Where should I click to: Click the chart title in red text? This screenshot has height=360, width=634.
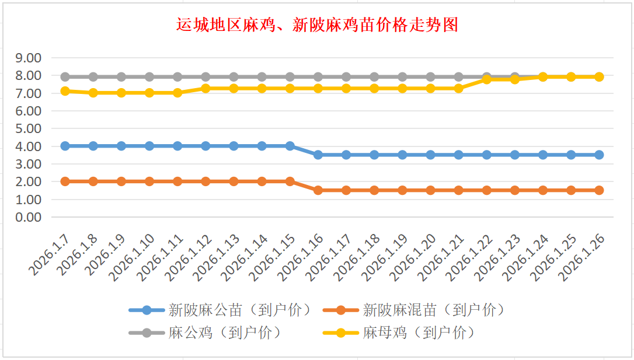click(317, 25)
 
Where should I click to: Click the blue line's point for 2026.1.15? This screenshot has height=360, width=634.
click(290, 146)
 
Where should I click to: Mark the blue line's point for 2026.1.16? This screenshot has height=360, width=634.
click(318, 155)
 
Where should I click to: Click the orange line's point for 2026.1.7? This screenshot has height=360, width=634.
click(65, 181)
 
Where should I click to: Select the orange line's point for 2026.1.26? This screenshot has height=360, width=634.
click(599, 190)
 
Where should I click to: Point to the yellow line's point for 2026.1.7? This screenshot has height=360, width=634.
click(65, 91)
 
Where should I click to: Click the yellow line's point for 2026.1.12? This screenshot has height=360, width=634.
click(205, 88)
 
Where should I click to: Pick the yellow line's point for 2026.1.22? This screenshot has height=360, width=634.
click(486, 79)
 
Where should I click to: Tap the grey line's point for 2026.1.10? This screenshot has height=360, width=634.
click(149, 77)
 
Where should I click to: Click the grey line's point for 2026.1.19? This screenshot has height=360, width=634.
click(402, 77)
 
